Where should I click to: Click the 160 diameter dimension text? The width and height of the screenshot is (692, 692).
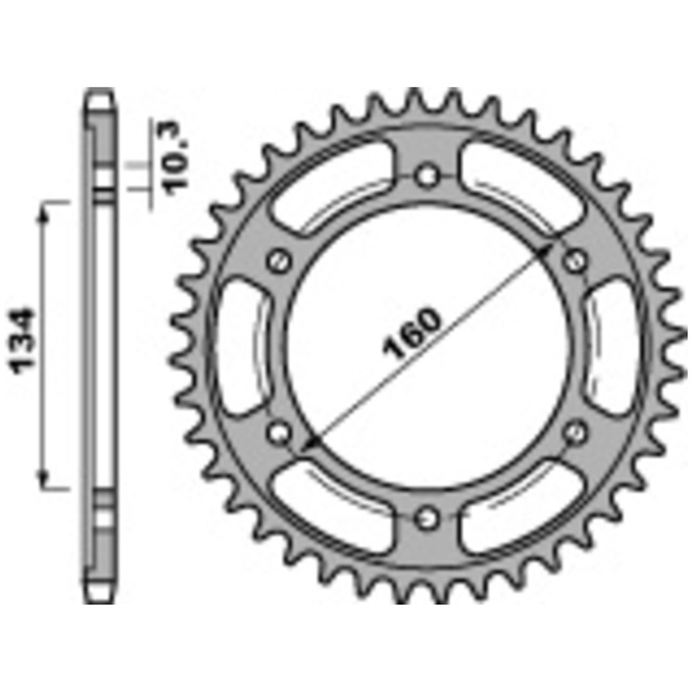point(412,333)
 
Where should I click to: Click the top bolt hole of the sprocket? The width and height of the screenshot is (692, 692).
point(427,176)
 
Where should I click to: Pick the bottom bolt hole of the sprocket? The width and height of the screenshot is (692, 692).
point(427,517)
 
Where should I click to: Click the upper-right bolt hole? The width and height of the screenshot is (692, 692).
point(575,261)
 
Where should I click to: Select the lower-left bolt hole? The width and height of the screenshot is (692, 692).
point(279,432)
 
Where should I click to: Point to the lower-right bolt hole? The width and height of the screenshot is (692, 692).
point(575,432)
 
